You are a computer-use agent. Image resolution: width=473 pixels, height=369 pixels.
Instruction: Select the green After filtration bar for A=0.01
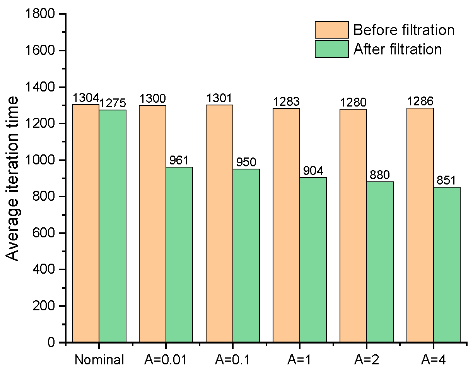pyautogui.click(x=179, y=255)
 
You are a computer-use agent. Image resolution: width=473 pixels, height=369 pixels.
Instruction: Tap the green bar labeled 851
pyautogui.click(x=447, y=265)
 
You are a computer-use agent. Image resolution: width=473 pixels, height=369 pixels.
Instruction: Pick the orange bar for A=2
pyautogui.click(x=353, y=226)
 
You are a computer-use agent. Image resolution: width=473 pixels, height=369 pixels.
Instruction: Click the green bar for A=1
pyautogui.click(x=313, y=260)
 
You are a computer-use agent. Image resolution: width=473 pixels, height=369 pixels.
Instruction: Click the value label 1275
pyautogui.click(x=113, y=103)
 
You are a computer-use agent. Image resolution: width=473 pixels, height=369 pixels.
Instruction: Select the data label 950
pyautogui.click(x=246, y=162)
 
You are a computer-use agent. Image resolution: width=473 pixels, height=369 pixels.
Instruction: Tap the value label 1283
pyautogui.click(x=286, y=102)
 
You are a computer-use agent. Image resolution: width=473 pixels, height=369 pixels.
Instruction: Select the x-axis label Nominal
pyautogui.click(x=99, y=360)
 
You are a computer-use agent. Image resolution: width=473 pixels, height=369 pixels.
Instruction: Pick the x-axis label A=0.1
pyautogui.click(x=232, y=360)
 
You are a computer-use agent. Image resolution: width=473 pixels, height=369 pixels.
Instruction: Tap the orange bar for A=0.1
pyautogui.click(x=219, y=224)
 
